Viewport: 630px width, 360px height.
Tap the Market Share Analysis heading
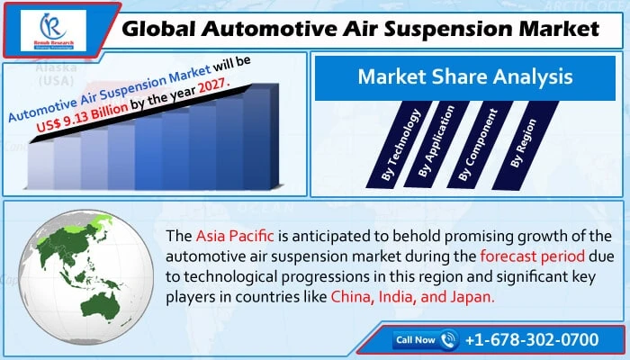pyautogui.click(x=464, y=77)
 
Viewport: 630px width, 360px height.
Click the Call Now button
pyautogui.click(x=416, y=340)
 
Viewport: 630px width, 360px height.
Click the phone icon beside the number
pyautogui.click(x=450, y=340)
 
